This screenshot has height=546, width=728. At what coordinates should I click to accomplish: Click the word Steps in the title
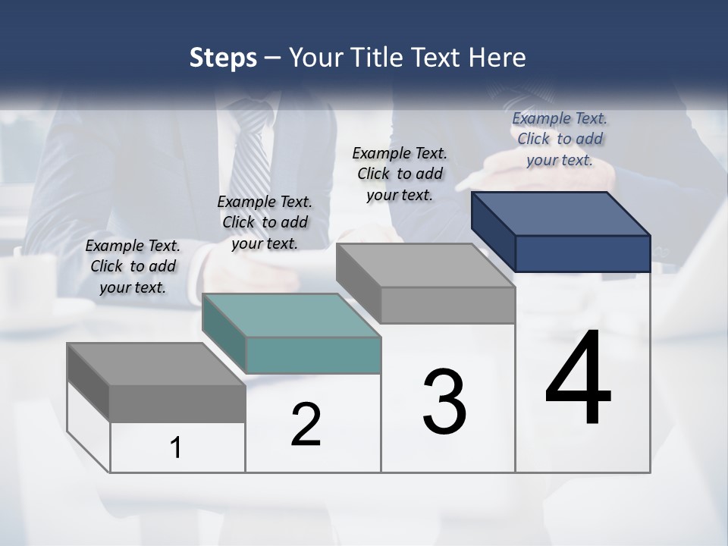coord(223,58)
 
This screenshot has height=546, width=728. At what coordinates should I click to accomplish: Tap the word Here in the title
coord(497,58)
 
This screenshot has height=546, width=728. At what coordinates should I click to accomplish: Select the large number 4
coord(579,379)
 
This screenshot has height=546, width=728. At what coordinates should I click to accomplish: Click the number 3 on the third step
coord(444,402)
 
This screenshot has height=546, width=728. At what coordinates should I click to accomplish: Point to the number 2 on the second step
coord(306,425)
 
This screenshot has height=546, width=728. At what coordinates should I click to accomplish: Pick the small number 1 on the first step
coord(176,447)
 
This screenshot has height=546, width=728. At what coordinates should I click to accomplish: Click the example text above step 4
coord(560,139)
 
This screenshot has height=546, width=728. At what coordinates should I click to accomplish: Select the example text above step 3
coord(400,174)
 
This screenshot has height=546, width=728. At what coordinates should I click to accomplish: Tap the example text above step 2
coord(265,222)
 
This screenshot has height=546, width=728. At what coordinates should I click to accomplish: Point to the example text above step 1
coord(133,266)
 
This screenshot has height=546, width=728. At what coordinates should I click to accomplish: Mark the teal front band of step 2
coord(313,355)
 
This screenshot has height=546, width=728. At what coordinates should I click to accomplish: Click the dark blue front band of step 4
coord(582,253)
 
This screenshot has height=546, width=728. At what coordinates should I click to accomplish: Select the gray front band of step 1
coord(177,403)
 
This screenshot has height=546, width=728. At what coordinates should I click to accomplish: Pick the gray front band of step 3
coord(447,306)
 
